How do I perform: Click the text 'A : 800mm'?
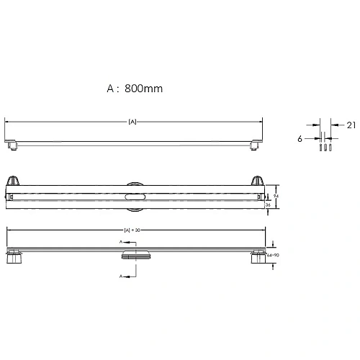(x=135, y=89)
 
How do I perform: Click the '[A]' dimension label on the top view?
(x=132, y=122)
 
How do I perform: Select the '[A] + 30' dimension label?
(x=131, y=230)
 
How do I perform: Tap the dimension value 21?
(x=351, y=125)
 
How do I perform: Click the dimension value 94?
(x=276, y=194)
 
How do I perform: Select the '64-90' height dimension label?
(x=271, y=254)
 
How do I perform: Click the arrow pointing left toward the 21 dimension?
(x=336, y=125)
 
